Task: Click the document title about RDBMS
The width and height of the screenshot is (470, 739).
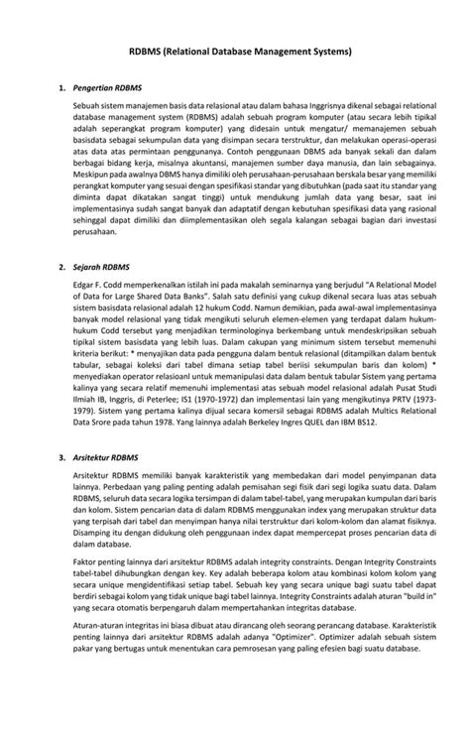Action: pos(234,49)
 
